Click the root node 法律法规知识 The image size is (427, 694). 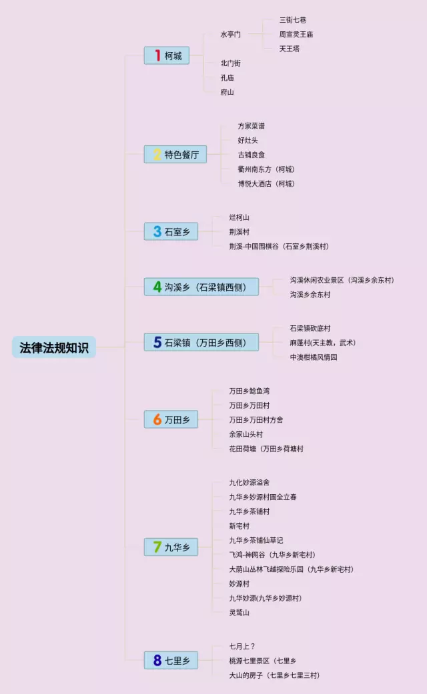(x=54, y=347)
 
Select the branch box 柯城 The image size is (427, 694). (x=167, y=56)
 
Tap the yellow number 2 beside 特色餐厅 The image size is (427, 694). (x=157, y=155)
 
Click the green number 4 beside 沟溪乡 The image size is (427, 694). (x=157, y=287)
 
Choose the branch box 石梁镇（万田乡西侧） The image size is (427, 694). (x=201, y=343)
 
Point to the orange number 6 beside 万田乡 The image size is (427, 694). (x=157, y=420)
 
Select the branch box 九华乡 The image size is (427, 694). (x=171, y=547)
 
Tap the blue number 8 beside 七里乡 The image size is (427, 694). (x=157, y=661)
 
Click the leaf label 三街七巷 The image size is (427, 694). (x=293, y=20)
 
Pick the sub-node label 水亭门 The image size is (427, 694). (x=231, y=34)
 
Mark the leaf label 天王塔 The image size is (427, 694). (x=290, y=49)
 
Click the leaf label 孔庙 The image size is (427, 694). (x=228, y=77)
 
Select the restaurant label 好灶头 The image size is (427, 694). (x=248, y=140)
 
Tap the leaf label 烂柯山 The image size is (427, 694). (x=239, y=217)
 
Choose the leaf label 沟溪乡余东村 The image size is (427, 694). (x=310, y=295)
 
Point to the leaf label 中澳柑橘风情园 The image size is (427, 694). (x=314, y=357)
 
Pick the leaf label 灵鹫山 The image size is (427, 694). (x=239, y=612)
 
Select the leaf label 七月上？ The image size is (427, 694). (x=242, y=646)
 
